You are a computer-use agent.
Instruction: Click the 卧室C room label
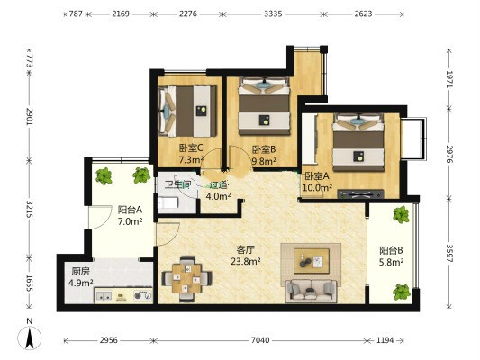(x=191, y=148)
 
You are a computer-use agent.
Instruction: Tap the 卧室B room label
(x=264, y=149)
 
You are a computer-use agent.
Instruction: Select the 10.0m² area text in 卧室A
(x=317, y=187)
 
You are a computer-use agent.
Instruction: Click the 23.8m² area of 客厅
(x=246, y=261)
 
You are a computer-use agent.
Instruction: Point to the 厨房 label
(x=80, y=271)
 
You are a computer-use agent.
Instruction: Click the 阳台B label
(x=391, y=250)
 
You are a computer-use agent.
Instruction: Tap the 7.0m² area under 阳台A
(x=130, y=221)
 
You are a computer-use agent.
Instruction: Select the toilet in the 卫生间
(x=168, y=202)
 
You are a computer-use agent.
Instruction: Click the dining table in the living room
(x=186, y=278)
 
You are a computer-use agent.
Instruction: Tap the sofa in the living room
(x=311, y=291)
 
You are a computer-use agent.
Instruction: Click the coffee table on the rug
(x=312, y=261)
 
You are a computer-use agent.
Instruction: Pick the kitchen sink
(x=104, y=296)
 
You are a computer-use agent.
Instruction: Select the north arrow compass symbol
(x=30, y=337)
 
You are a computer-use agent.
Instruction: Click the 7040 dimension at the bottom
(x=260, y=340)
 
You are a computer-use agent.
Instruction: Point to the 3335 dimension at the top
(x=273, y=13)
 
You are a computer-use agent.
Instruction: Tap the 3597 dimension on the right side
(x=449, y=253)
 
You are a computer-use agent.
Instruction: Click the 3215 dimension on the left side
(x=30, y=209)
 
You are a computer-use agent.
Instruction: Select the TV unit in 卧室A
(x=360, y=193)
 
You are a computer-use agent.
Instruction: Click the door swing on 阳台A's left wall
(x=100, y=217)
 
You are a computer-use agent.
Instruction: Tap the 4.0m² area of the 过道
(x=218, y=196)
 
